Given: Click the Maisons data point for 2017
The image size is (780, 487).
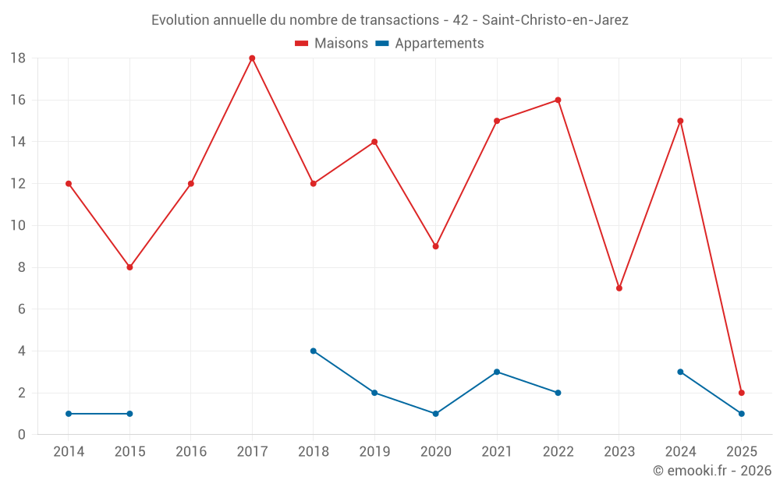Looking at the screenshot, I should (x=252, y=58).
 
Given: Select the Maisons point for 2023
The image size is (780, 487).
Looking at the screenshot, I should (x=619, y=288).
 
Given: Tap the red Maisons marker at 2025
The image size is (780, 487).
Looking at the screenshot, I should (x=742, y=393).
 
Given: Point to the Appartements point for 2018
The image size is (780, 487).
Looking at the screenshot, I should (x=314, y=351).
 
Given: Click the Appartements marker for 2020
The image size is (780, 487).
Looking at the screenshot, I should (x=436, y=414).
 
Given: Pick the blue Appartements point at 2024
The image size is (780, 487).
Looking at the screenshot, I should (x=681, y=372).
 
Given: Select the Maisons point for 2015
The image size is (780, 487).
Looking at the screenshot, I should (x=129, y=267).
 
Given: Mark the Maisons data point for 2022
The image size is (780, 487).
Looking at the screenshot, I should (x=558, y=100).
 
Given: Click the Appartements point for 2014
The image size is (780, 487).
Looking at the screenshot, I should (x=69, y=414).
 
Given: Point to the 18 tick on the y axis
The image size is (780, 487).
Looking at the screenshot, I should (x=18, y=58).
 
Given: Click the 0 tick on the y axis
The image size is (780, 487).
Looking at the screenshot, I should (x=22, y=435).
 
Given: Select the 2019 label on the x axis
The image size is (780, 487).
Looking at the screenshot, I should (x=374, y=452).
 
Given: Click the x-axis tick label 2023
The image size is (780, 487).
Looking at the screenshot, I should (x=619, y=452).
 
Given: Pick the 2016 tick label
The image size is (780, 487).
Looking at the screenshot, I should (x=191, y=452).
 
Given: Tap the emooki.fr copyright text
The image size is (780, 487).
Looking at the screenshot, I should (x=712, y=471).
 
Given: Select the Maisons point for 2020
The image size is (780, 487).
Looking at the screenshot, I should (x=436, y=246).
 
